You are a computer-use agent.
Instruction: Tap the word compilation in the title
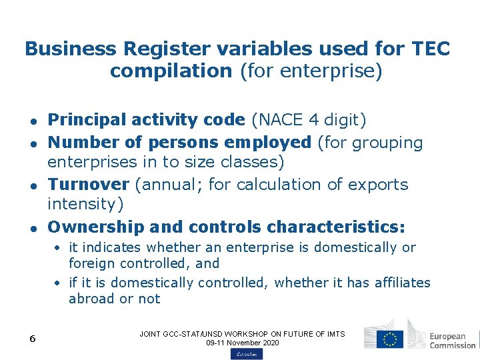171,71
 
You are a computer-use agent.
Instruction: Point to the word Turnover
89,184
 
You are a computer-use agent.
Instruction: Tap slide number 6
32,339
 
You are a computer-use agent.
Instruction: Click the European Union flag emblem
389,338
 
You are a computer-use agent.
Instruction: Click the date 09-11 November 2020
242,343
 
